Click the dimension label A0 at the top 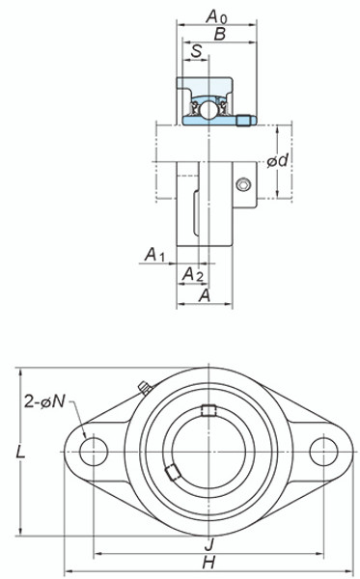216,16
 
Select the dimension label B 220,35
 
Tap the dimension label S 197,50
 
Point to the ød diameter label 278,160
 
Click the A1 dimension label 155,255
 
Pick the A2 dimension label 193,274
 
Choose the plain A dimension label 205,295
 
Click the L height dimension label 20,452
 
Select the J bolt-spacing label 209,544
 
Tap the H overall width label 209,563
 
